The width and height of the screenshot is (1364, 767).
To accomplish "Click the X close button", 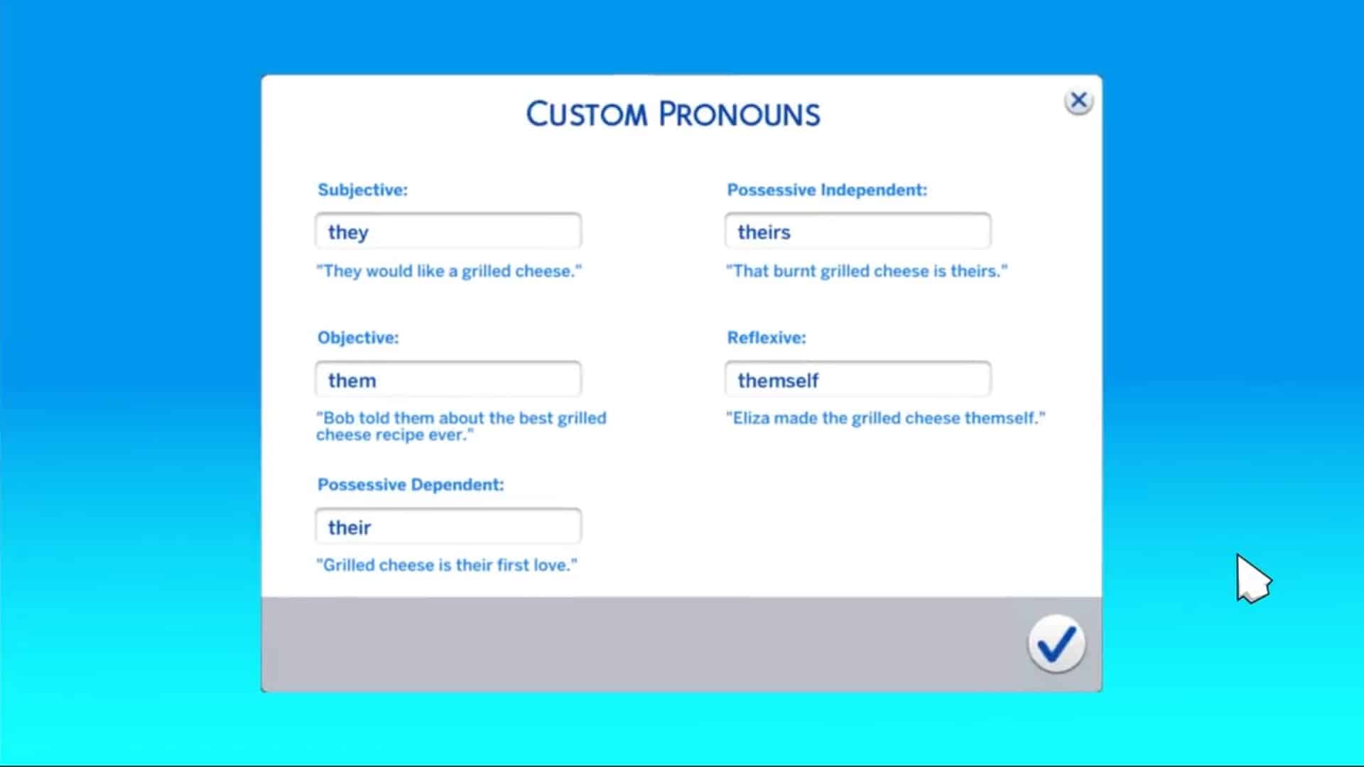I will pos(1078,101).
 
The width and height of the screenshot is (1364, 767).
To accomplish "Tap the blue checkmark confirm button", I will pos(1056,644).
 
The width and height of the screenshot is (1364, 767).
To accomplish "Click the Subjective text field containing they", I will pos(448,232).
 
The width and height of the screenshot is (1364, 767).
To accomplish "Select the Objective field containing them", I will pos(448,380).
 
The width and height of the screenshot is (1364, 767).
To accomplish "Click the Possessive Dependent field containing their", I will pos(448,527).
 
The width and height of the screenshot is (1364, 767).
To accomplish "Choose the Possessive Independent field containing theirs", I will pos(857,232).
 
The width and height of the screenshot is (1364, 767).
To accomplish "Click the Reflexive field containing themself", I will pos(857,380).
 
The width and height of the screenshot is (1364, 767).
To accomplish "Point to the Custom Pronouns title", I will pos(673,114).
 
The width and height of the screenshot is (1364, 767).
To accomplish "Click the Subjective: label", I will pos(362,190).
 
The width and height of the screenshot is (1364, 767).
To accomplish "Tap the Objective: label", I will pos(358,337).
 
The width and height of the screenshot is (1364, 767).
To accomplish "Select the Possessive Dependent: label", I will pos(411,484).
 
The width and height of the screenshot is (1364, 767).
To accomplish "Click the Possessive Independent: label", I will pos(827,190).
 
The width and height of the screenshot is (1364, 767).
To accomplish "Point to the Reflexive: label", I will pos(767,337).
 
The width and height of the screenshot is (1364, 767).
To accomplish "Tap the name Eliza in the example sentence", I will pos(751,418).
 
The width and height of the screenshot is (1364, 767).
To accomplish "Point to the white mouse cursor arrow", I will pos(1252,578).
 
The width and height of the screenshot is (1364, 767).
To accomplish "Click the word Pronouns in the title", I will pos(739,114).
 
